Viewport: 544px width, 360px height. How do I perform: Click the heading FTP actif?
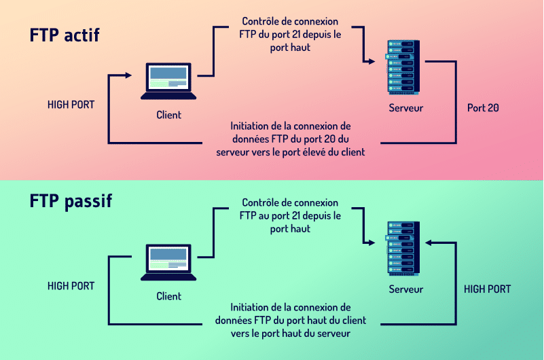(x=65, y=35)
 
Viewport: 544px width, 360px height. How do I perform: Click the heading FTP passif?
(x=71, y=201)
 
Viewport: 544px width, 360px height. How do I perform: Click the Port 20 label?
(x=483, y=108)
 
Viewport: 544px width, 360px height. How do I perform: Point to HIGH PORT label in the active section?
(x=71, y=105)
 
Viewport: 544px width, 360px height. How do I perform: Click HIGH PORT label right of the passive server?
(x=487, y=289)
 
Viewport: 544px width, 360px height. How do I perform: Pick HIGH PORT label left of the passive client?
(x=71, y=286)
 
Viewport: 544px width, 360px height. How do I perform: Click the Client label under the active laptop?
(x=168, y=115)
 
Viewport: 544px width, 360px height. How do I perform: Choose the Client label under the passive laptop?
(x=168, y=296)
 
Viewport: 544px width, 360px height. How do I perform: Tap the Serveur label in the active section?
(x=405, y=108)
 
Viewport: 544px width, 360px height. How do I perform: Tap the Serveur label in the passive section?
(x=405, y=289)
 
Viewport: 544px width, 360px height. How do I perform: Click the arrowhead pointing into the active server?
(x=371, y=61)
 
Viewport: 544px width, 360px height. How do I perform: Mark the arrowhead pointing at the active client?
(x=127, y=75)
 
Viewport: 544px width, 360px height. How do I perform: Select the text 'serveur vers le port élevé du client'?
(x=291, y=153)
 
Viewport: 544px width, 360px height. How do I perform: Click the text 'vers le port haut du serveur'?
(x=291, y=334)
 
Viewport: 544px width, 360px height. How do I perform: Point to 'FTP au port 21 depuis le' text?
(x=290, y=215)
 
